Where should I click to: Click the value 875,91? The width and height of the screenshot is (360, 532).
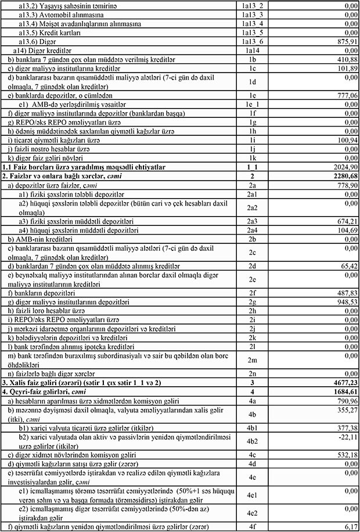coord(344,42)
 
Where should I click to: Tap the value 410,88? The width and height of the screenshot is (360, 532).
coord(344,60)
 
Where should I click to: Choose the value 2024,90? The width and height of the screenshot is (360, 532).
coord(343,167)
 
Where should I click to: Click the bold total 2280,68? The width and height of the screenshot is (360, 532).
coord(343,175)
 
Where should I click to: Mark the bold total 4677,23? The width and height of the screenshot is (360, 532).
coord(343,383)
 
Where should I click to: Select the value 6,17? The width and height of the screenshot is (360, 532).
coord(348,526)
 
